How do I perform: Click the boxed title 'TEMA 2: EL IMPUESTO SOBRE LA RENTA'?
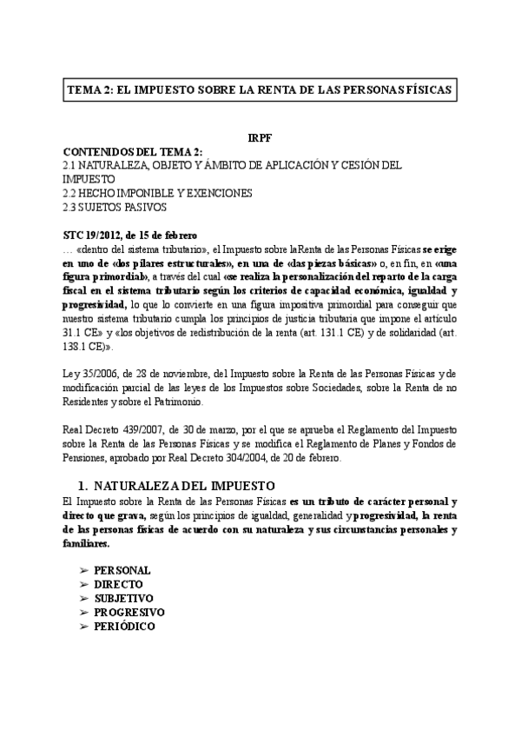(x=260, y=90)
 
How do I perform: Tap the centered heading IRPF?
(x=260, y=139)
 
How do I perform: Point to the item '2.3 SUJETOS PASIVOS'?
(x=115, y=207)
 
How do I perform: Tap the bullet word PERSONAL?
(x=122, y=570)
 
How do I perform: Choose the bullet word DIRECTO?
(x=118, y=584)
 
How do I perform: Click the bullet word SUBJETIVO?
(x=123, y=598)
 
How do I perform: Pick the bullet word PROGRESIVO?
(x=129, y=612)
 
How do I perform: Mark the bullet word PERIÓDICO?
(x=125, y=626)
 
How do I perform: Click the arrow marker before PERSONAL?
(x=83, y=570)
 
